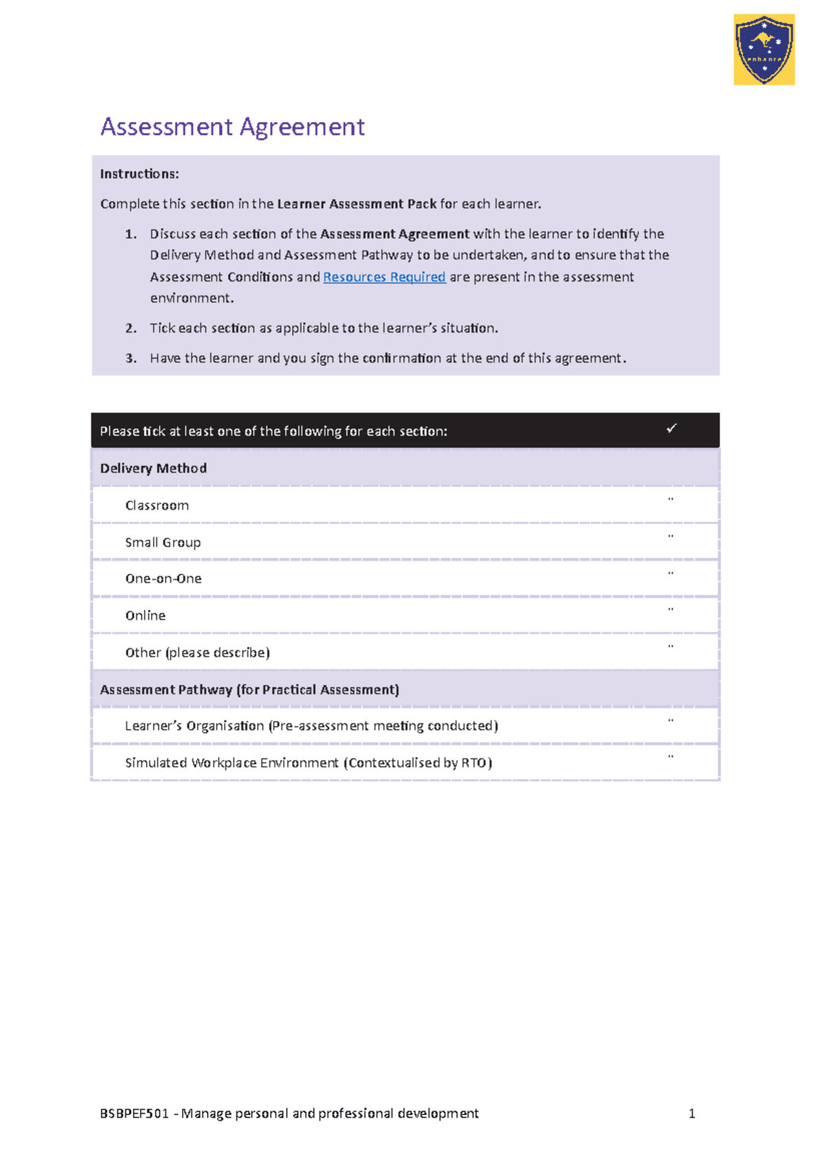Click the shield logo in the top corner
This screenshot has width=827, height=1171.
tap(764, 50)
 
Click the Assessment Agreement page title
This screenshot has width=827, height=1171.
tap(232, 127)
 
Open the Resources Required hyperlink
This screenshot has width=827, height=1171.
tap(384, 277)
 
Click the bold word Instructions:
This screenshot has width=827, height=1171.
tap(139, 174)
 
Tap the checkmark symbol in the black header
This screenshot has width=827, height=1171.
tap(671, 429)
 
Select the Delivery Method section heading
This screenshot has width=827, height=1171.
tap(153, 468)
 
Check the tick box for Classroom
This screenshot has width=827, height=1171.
tap(671, 500)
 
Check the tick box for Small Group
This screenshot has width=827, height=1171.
tap(671, 537)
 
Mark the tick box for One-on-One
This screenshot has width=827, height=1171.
tap(671, 574)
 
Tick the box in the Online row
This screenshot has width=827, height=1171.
tap(671, 610)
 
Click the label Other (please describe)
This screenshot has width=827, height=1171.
tap(197, 652)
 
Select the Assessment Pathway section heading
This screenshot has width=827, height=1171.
tap(249, 690)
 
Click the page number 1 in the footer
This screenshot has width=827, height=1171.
tap(692, 1114)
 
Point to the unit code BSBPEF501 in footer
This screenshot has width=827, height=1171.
tap(134, 1114)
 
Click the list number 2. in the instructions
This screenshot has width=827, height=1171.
tap(131, 328)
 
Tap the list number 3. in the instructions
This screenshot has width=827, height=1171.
tap(131, 359)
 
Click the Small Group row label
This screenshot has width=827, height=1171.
tap(163, 543)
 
